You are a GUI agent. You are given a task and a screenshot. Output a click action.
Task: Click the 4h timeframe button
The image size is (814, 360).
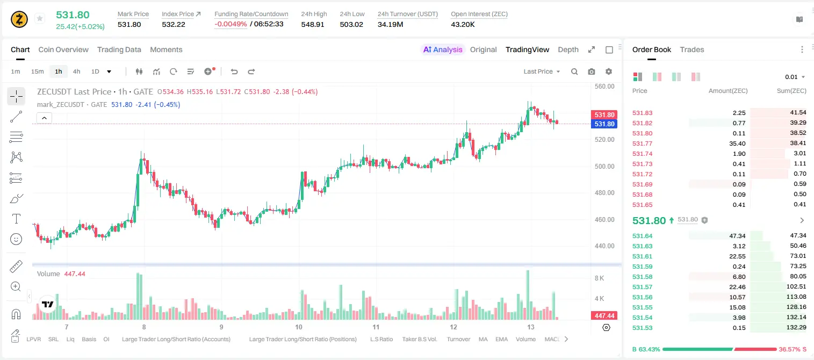click(x=76, y=71)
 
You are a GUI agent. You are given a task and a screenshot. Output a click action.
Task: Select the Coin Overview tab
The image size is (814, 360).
click(x=63, y=49)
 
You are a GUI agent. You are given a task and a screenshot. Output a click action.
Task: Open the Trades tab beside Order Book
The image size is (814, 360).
click(x=692, y=49)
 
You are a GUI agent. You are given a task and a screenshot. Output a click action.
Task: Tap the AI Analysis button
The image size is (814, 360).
click(x=443, y=49)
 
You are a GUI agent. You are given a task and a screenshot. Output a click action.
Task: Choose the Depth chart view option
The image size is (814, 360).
click(x=568, y=49)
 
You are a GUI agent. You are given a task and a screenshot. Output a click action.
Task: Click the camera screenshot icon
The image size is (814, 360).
click(x=592, y=71)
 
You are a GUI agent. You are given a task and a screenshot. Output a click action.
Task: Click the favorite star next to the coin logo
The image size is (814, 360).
click(x=40, y=18)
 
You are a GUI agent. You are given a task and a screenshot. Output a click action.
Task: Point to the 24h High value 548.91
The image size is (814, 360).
click(x=313, y=24)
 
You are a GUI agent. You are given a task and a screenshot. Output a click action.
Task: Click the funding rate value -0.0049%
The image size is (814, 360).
click(x=230, y=24)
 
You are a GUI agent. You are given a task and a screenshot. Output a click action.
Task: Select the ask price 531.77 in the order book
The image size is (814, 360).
click(x=642, y=143)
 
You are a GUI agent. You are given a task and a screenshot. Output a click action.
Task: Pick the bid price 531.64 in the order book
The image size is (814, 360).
click(x=642, y=236)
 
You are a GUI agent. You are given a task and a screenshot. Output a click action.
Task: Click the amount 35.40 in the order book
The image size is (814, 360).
click(x=737, y=143)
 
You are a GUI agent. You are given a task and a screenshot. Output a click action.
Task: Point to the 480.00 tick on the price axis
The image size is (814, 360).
click(x=604, y=193)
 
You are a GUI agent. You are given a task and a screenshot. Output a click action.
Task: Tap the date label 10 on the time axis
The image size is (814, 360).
click(x=299, y=327)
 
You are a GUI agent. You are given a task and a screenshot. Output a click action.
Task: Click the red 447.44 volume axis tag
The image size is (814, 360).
click(x=604, y=316)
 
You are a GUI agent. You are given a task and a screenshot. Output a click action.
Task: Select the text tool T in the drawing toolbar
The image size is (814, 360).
click(x=16, y=219)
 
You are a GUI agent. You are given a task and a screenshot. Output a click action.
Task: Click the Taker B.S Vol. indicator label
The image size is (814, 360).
click(x=420, y=339)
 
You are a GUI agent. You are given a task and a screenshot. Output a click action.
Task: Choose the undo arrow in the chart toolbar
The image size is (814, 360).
click(x=234, y=71)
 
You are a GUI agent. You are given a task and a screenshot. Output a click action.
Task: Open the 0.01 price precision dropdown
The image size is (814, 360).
click(x=795, y=77)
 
